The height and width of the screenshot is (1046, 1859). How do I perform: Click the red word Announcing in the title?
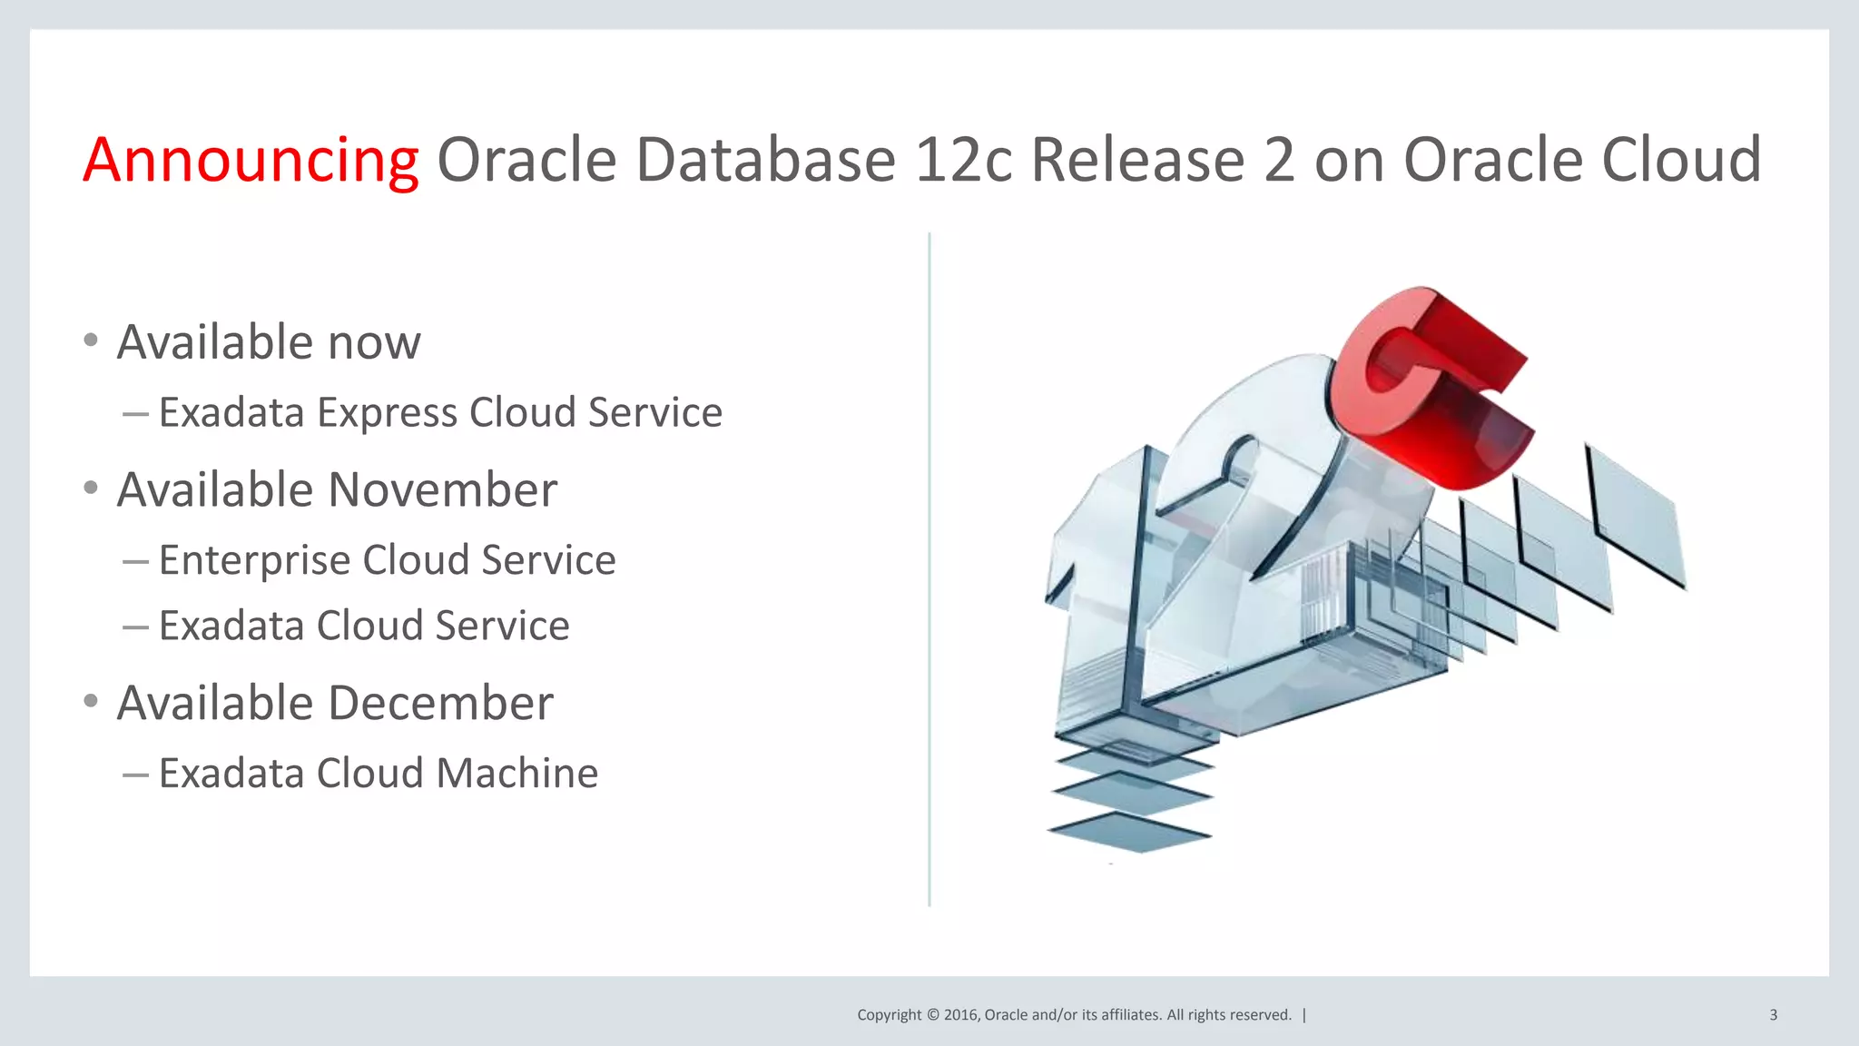tap(251, 160)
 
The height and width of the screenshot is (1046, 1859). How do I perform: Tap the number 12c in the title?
tap(963, 160)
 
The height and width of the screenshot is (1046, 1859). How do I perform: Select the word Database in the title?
tap(766, 160)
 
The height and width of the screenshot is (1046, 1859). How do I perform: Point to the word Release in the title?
tap(1137, 160)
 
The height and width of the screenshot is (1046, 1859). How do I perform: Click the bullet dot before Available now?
tap(90, 340)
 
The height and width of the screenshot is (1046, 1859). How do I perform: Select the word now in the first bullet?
tap(374, 343)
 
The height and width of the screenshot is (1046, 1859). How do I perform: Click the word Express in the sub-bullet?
tap(388, 413)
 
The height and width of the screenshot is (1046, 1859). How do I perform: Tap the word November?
tap(442, 490)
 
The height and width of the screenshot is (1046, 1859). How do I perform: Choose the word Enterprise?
tap(254, 560)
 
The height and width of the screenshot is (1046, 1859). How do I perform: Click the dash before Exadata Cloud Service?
tap(135, 627)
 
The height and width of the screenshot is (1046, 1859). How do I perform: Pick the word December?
tap(440, 703)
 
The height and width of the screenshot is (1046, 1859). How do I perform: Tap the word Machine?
tap(516, 774)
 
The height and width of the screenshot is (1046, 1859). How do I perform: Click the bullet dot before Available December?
tap(90, 701)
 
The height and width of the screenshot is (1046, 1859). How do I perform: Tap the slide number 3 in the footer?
tap(1773, 1015)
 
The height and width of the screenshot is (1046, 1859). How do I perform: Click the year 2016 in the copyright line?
tap(960, 1015)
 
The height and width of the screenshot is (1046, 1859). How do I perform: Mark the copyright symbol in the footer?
tap(932, 1015)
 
